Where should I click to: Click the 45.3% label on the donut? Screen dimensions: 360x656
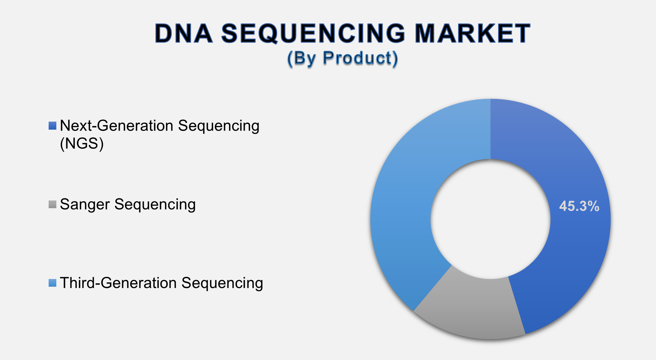tap(579, 206)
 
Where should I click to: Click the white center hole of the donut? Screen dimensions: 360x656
tap(490, 219)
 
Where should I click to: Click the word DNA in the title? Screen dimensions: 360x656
tap(183, 33)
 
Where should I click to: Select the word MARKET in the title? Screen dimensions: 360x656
tap(473, 33)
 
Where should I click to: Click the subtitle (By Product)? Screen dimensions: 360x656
tap(342, 58)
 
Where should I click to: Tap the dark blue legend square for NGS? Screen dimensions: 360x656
tap(52, 126)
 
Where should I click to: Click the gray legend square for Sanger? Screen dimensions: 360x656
tap(52, 204)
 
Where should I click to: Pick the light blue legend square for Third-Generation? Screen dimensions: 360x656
tap(52, 283)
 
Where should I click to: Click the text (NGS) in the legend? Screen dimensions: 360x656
tap(82, 144)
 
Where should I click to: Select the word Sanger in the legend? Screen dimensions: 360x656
tap(85, 204)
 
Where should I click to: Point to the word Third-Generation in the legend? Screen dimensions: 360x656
tap(118, 283)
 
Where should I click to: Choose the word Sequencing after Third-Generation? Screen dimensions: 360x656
tap(222, 283)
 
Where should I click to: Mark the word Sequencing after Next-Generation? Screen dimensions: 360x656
tap(219, 126)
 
